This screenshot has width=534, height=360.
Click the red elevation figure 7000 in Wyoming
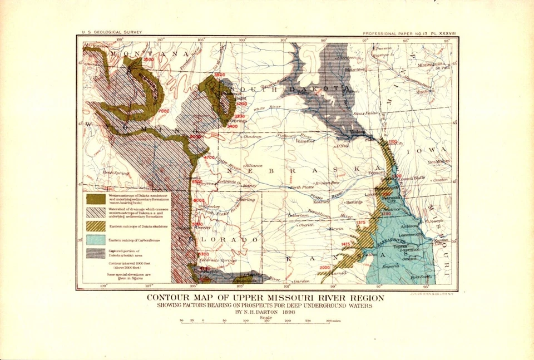point(164,111)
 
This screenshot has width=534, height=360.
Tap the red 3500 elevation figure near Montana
point(149,59)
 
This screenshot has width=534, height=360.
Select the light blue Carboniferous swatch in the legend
point(96,240)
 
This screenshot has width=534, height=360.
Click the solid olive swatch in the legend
point(96,198)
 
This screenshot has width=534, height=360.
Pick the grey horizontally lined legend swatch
point(96,254)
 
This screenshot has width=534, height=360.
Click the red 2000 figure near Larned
point(325,268)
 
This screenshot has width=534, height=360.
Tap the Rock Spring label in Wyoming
point(116,173)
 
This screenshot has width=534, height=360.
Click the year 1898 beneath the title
point(284,312)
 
